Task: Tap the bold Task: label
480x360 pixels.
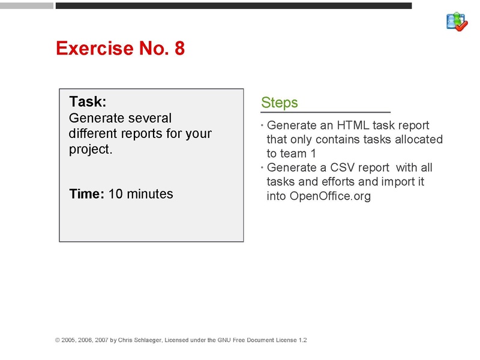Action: click(88, 102)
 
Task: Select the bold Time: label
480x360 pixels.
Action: click(87, 194)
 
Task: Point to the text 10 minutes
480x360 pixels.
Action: click(140, 194)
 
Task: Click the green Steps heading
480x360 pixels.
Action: click(280, 103)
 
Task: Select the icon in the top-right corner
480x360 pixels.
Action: click(457, 22)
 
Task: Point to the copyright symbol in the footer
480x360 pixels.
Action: click(58, 340)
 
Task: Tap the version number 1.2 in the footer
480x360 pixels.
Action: click(302, 340)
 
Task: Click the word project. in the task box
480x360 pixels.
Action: click(91, 149)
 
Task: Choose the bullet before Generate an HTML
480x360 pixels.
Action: click(262, 126)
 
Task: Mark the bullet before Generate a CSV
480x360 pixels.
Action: click(262, 168)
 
